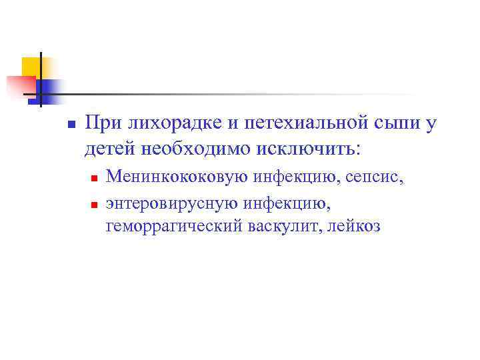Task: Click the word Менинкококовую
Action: (177, 177)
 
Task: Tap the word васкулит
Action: (282, 226)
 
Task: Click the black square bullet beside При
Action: (71, 125)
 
